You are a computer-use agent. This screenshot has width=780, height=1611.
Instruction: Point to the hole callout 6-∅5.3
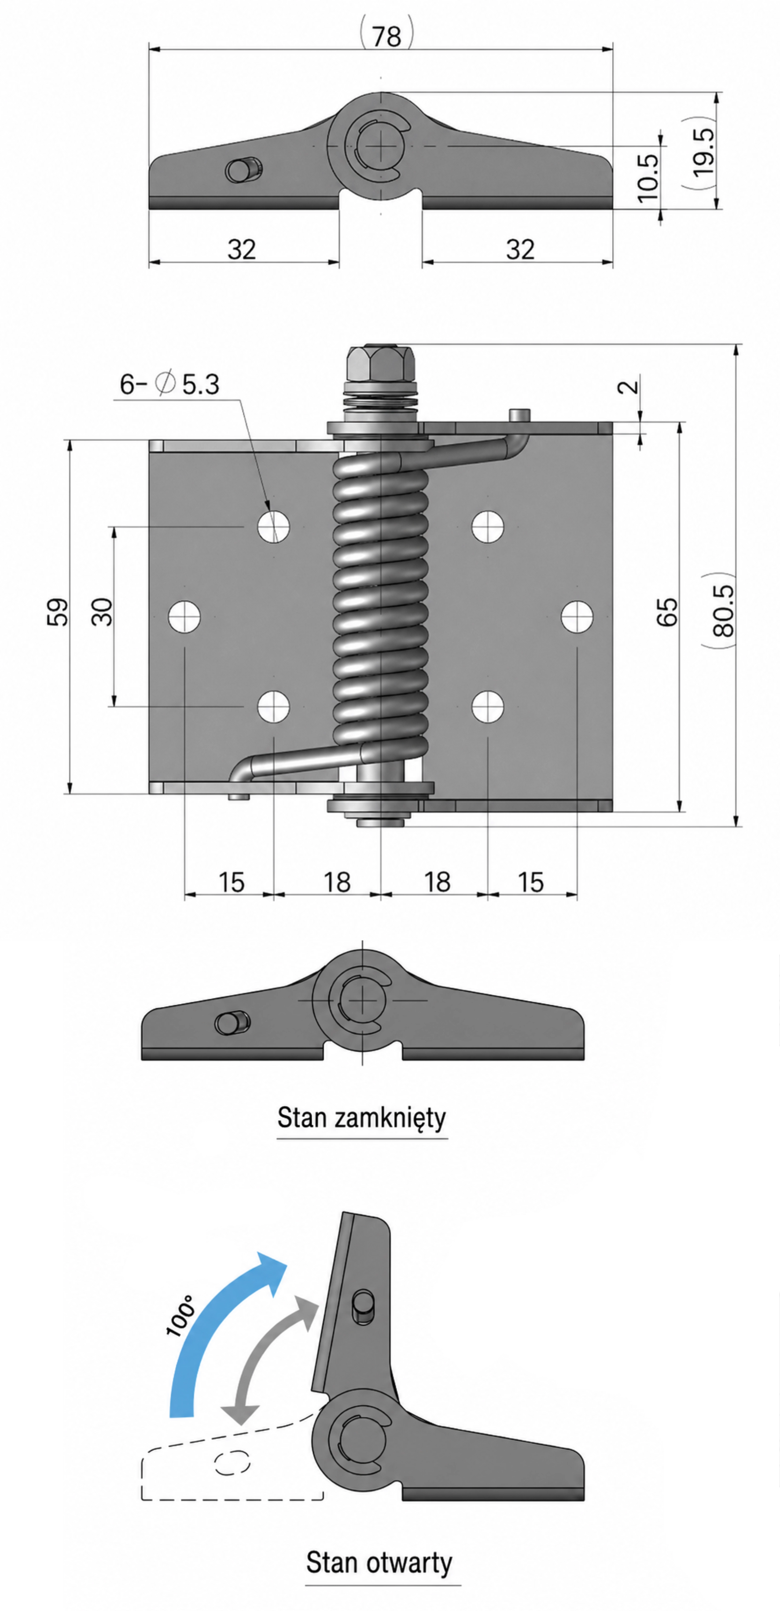(169, 383)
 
